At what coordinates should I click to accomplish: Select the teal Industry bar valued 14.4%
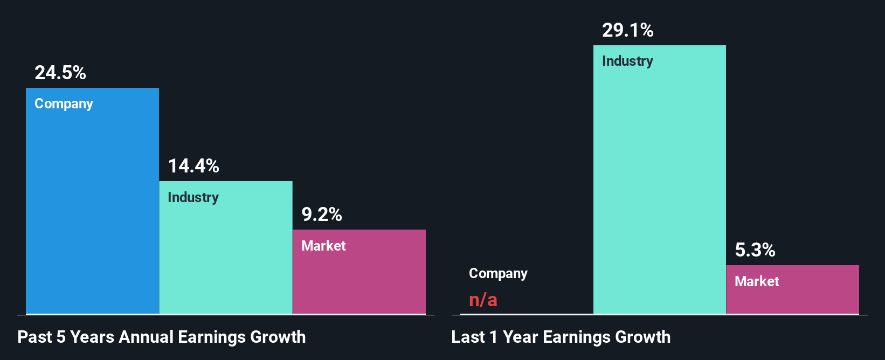[226, 253]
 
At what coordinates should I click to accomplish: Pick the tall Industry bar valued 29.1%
[659, 189]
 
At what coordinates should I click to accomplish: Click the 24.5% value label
[60, 73]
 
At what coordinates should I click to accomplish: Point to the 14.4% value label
[193, 166]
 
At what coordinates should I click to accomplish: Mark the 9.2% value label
[322, 214]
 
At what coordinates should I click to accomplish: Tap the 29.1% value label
[628, 30]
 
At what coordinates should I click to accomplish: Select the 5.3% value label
[755, 250]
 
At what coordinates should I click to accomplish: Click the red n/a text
[483, 300]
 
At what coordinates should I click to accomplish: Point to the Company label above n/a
[498, 274]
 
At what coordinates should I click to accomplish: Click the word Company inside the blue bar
[64, 103]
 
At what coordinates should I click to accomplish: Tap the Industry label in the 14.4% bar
[193, 197]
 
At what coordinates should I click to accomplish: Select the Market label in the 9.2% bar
[323, 246]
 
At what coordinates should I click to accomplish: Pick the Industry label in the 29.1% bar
[627, 61]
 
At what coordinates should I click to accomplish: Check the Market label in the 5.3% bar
[757, 281]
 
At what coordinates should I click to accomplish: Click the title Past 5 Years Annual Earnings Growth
[162, 337]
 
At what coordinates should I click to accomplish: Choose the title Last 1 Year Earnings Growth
[561, 337]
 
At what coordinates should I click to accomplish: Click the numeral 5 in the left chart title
[61, 337]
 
